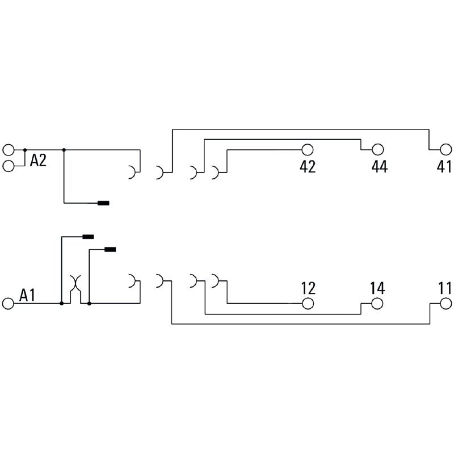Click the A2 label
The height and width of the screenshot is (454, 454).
pos(38,161)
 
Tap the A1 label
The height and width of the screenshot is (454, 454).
pos(28,295)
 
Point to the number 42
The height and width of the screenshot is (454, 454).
pos(307,167)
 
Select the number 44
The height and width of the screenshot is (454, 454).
pos(379,167)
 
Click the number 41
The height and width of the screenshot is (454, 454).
pos(444,167)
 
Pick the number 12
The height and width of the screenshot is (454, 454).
pos(308,288)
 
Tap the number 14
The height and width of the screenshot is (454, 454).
pos(377,288)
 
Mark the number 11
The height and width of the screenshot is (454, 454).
pos(445,288)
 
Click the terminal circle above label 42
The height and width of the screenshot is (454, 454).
pos(308,150)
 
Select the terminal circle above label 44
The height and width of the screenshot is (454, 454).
pos(378,150)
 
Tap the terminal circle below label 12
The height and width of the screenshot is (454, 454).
pos(308,304)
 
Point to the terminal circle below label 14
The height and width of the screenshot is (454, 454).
pos(378,304)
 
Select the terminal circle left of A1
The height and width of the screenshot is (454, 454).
pos(8,304)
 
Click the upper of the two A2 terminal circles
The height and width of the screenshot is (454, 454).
pos(8,150)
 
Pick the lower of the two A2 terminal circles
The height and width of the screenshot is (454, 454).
pos(8,166)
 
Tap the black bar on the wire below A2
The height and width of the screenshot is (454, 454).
pos(104,203)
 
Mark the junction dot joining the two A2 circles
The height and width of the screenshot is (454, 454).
pos(24,150)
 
